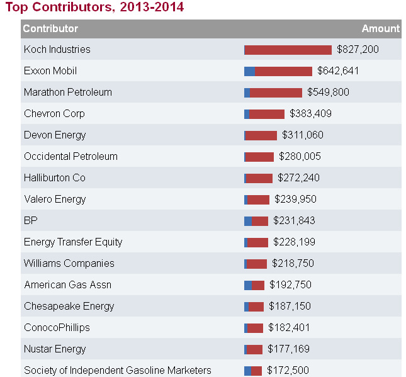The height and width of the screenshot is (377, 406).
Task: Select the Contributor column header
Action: point(50,28)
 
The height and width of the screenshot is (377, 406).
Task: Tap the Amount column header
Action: point(380,28)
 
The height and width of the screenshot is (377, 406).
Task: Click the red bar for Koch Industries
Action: point(288,50)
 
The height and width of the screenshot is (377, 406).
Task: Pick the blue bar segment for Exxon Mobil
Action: point(250,71)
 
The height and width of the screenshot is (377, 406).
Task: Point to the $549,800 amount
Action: point(328,93)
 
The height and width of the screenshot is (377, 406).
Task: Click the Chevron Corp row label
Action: point(54,114)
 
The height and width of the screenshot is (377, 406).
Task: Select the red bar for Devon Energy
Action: point(261,135)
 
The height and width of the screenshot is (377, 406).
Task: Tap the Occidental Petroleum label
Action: point(70,157)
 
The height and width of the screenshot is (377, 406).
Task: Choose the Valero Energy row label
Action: point(55,200)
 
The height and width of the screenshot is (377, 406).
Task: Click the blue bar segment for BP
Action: point(248,221)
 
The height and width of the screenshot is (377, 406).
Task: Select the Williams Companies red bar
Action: point(257,264)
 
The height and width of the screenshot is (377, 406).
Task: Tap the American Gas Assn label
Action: point(67,285)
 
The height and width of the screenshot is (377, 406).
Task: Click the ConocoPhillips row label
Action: point(57,328)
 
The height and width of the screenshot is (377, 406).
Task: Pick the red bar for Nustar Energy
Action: point(254,349)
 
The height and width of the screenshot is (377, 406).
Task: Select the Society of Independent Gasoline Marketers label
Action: point(118,371)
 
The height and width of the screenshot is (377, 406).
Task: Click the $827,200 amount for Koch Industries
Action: point(358,50)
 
